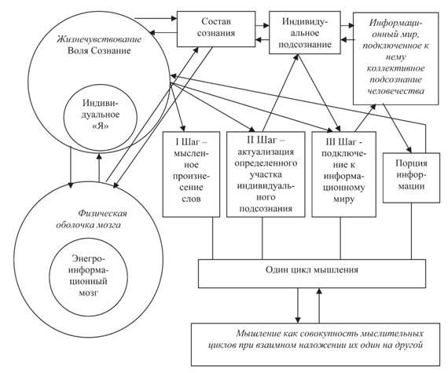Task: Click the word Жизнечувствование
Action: click(x=99, y=39)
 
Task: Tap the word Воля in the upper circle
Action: click(x=77, y=51)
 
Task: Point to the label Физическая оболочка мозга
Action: click(x=92, y=219)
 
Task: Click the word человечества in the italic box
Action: click(x=395, y=91)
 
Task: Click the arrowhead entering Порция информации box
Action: click(x=409, y=149)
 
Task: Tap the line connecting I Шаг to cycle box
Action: click(x=212, y=238)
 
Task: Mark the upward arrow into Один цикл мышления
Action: click(x=319, y=305)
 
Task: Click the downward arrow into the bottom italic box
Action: click(x=298, y=305)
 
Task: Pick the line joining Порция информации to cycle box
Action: click(x=411, y=231)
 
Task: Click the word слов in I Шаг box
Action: click(x=191, y=199)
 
